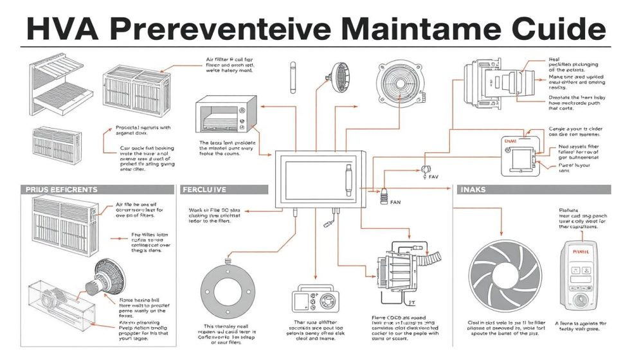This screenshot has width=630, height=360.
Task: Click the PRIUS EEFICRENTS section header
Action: click(x=62, y=190)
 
